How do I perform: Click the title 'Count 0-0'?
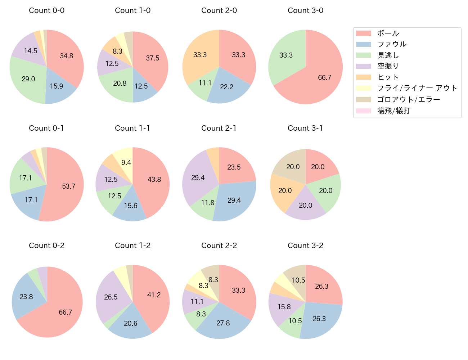click(47, 10)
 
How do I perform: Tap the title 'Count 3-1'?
click(305, 128)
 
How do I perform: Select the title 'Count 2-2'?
click(219, 246)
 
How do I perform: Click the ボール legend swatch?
click(363, 33)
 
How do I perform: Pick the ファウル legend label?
click(392, 44)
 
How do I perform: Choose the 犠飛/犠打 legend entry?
click(393, 111)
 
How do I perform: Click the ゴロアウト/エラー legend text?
click(409, 99)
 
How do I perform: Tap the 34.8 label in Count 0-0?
click(67, 56)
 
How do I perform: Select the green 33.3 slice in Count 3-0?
click(286, 55)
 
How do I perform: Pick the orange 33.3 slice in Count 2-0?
click(200, 55)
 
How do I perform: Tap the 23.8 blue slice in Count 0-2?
click(26, 297)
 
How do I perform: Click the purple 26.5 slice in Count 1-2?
click(111, 297)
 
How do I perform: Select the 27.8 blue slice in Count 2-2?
click(223, 323)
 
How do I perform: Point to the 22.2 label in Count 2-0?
click(227, 87)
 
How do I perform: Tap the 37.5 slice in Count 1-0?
click(153, 58)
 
